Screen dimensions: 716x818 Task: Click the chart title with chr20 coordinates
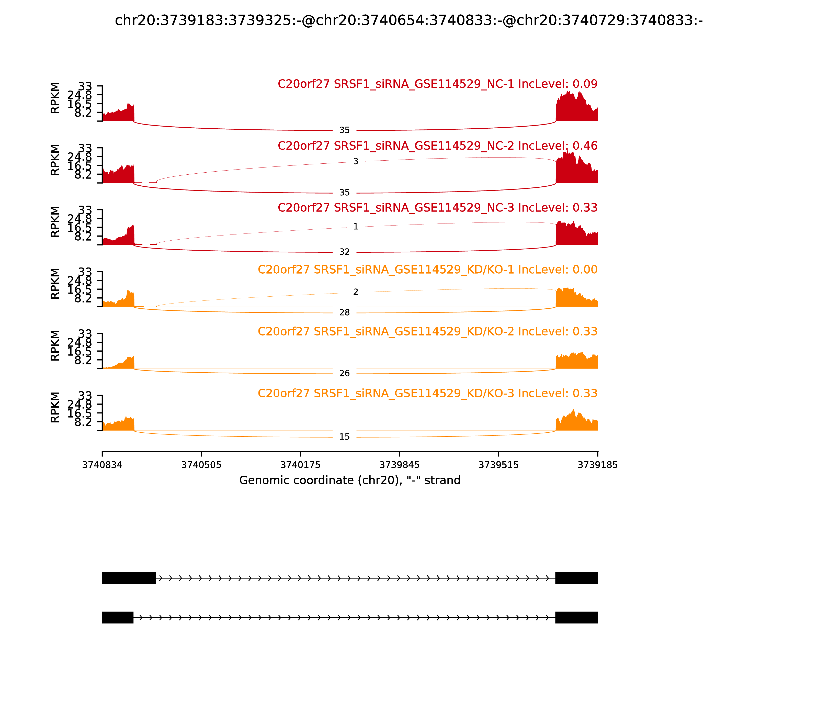click(408, 20)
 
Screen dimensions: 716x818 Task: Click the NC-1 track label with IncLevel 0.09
click(437, 84)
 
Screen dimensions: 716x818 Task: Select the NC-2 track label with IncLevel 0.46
click(437, 146)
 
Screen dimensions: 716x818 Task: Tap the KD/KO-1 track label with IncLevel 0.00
click(427, 270)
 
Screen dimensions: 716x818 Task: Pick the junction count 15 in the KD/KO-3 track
click(344, 437)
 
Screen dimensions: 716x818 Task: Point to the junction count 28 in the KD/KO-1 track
click(344, 313)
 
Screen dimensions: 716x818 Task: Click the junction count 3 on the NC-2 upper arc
click(356, 161)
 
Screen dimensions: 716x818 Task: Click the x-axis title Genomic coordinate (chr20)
click(350, 480)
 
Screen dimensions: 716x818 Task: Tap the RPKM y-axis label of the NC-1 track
click(55, 98)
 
